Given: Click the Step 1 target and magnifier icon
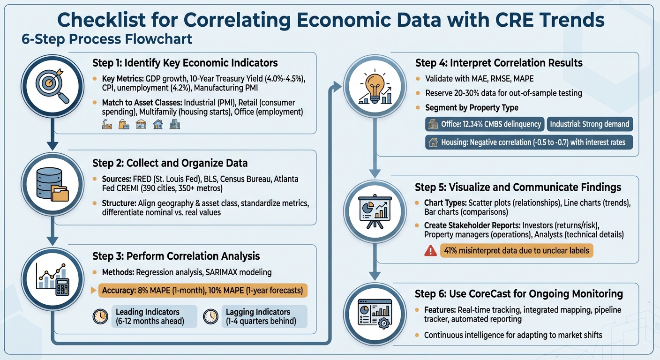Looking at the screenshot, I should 52,84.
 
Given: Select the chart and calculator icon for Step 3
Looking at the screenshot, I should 52,280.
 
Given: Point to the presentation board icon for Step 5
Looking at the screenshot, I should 374,211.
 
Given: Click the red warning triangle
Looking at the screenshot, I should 430,251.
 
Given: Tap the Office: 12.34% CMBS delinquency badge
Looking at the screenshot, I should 485,124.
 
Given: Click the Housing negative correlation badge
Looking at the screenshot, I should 529,142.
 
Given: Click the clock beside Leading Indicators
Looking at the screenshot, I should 100,317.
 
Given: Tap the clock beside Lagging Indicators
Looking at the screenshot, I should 210,317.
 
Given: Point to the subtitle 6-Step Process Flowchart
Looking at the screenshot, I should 107,39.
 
